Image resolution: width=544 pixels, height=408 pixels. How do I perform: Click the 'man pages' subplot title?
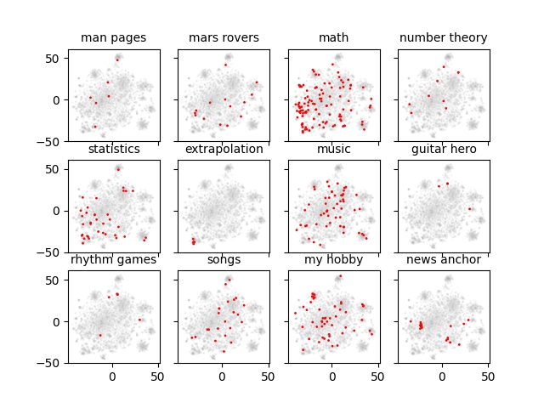click(114, 37)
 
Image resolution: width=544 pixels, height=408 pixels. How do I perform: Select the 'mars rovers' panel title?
click(224, 37)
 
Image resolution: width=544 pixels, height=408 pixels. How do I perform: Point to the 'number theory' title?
click(443, 37)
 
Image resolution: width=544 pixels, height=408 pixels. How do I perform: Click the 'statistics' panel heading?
click(114, 149)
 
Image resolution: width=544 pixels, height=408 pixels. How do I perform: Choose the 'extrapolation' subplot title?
click(224, 149)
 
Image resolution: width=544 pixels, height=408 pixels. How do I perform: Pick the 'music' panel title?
click(333, 149)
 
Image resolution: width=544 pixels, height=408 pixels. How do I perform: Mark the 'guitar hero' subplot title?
click(443, 149)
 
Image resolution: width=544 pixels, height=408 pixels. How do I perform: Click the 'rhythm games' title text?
click(114, 259)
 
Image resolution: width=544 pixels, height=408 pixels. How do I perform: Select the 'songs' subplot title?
click(224, 259)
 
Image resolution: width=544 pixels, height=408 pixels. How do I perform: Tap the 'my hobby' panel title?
click(333, 259)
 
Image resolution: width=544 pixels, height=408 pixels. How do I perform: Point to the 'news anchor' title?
click(443, 259)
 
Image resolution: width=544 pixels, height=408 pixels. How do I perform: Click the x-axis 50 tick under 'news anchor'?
click(488, 375)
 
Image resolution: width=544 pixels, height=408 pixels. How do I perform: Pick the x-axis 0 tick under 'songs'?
click(222, 375)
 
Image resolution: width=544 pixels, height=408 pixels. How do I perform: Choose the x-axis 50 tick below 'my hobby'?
click(378, 375)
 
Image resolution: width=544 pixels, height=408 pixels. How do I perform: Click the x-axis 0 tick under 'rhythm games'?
click(112, 375)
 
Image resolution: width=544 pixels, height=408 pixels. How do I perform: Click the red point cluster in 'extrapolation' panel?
click(193, 241)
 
